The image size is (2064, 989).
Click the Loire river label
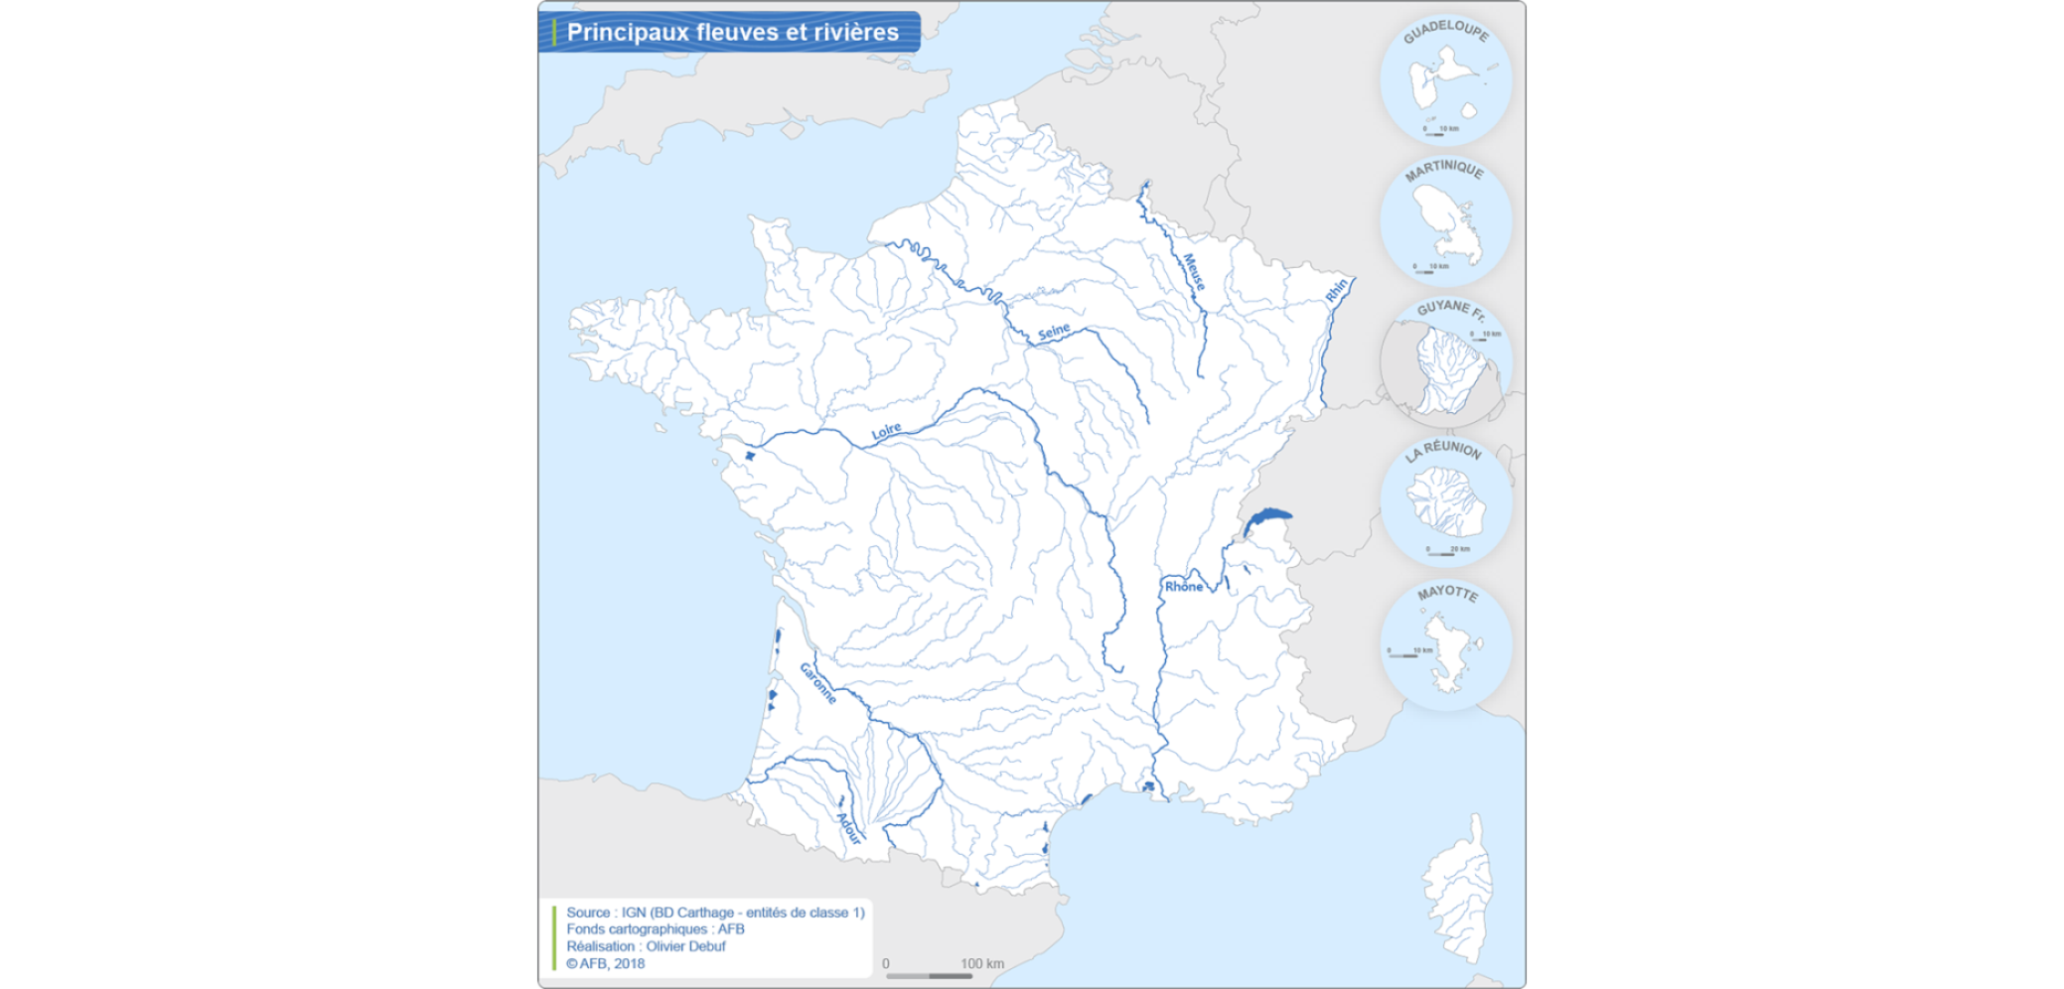pos(886,431)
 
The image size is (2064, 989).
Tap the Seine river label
pos(1054,331)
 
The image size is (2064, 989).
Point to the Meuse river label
pos(1193,272)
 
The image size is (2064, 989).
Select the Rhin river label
pos(1337,290)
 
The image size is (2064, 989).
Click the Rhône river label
pos(1183,587)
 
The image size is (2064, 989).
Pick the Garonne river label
pos(818,684)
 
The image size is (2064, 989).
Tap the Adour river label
pos(849,828)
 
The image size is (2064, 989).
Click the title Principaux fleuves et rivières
pos(732,32)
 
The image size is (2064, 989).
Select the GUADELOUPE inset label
pos(1445,31)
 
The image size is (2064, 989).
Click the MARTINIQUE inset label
pos(1444,171)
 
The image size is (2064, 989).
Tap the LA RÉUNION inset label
pos(1443,450)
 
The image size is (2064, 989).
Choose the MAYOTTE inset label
pos(1447,593)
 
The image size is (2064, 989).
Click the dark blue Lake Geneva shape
pos(1267,517)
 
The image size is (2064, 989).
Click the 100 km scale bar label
pos(981,963)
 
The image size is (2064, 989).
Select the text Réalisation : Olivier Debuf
pos(646,946)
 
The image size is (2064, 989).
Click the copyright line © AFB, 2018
pos(605,963)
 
